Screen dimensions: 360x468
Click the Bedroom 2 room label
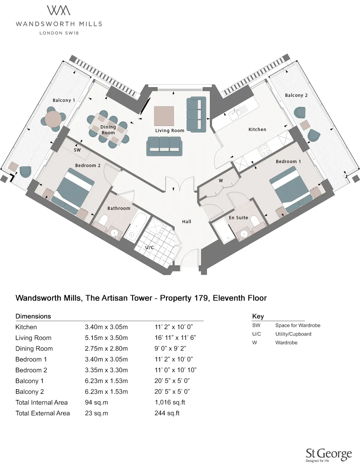point(87,165)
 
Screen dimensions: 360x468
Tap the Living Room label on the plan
point(170,131)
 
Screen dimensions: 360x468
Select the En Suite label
point(238,218)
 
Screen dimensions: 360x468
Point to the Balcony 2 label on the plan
point(296,95)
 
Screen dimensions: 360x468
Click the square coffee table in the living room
point(164,116)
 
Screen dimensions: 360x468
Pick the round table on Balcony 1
point(53,119)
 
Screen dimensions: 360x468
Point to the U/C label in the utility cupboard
point(149,247)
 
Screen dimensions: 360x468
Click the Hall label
point(186,222)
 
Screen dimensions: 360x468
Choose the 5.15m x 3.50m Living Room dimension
point(106,338)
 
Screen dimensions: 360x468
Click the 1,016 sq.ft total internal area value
point(170,402)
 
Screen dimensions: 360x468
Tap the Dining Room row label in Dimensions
point(34,348)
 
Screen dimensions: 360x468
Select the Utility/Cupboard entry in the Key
point(293,334)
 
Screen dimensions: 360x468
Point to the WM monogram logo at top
point(59,10)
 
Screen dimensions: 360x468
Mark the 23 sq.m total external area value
point(96,413)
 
